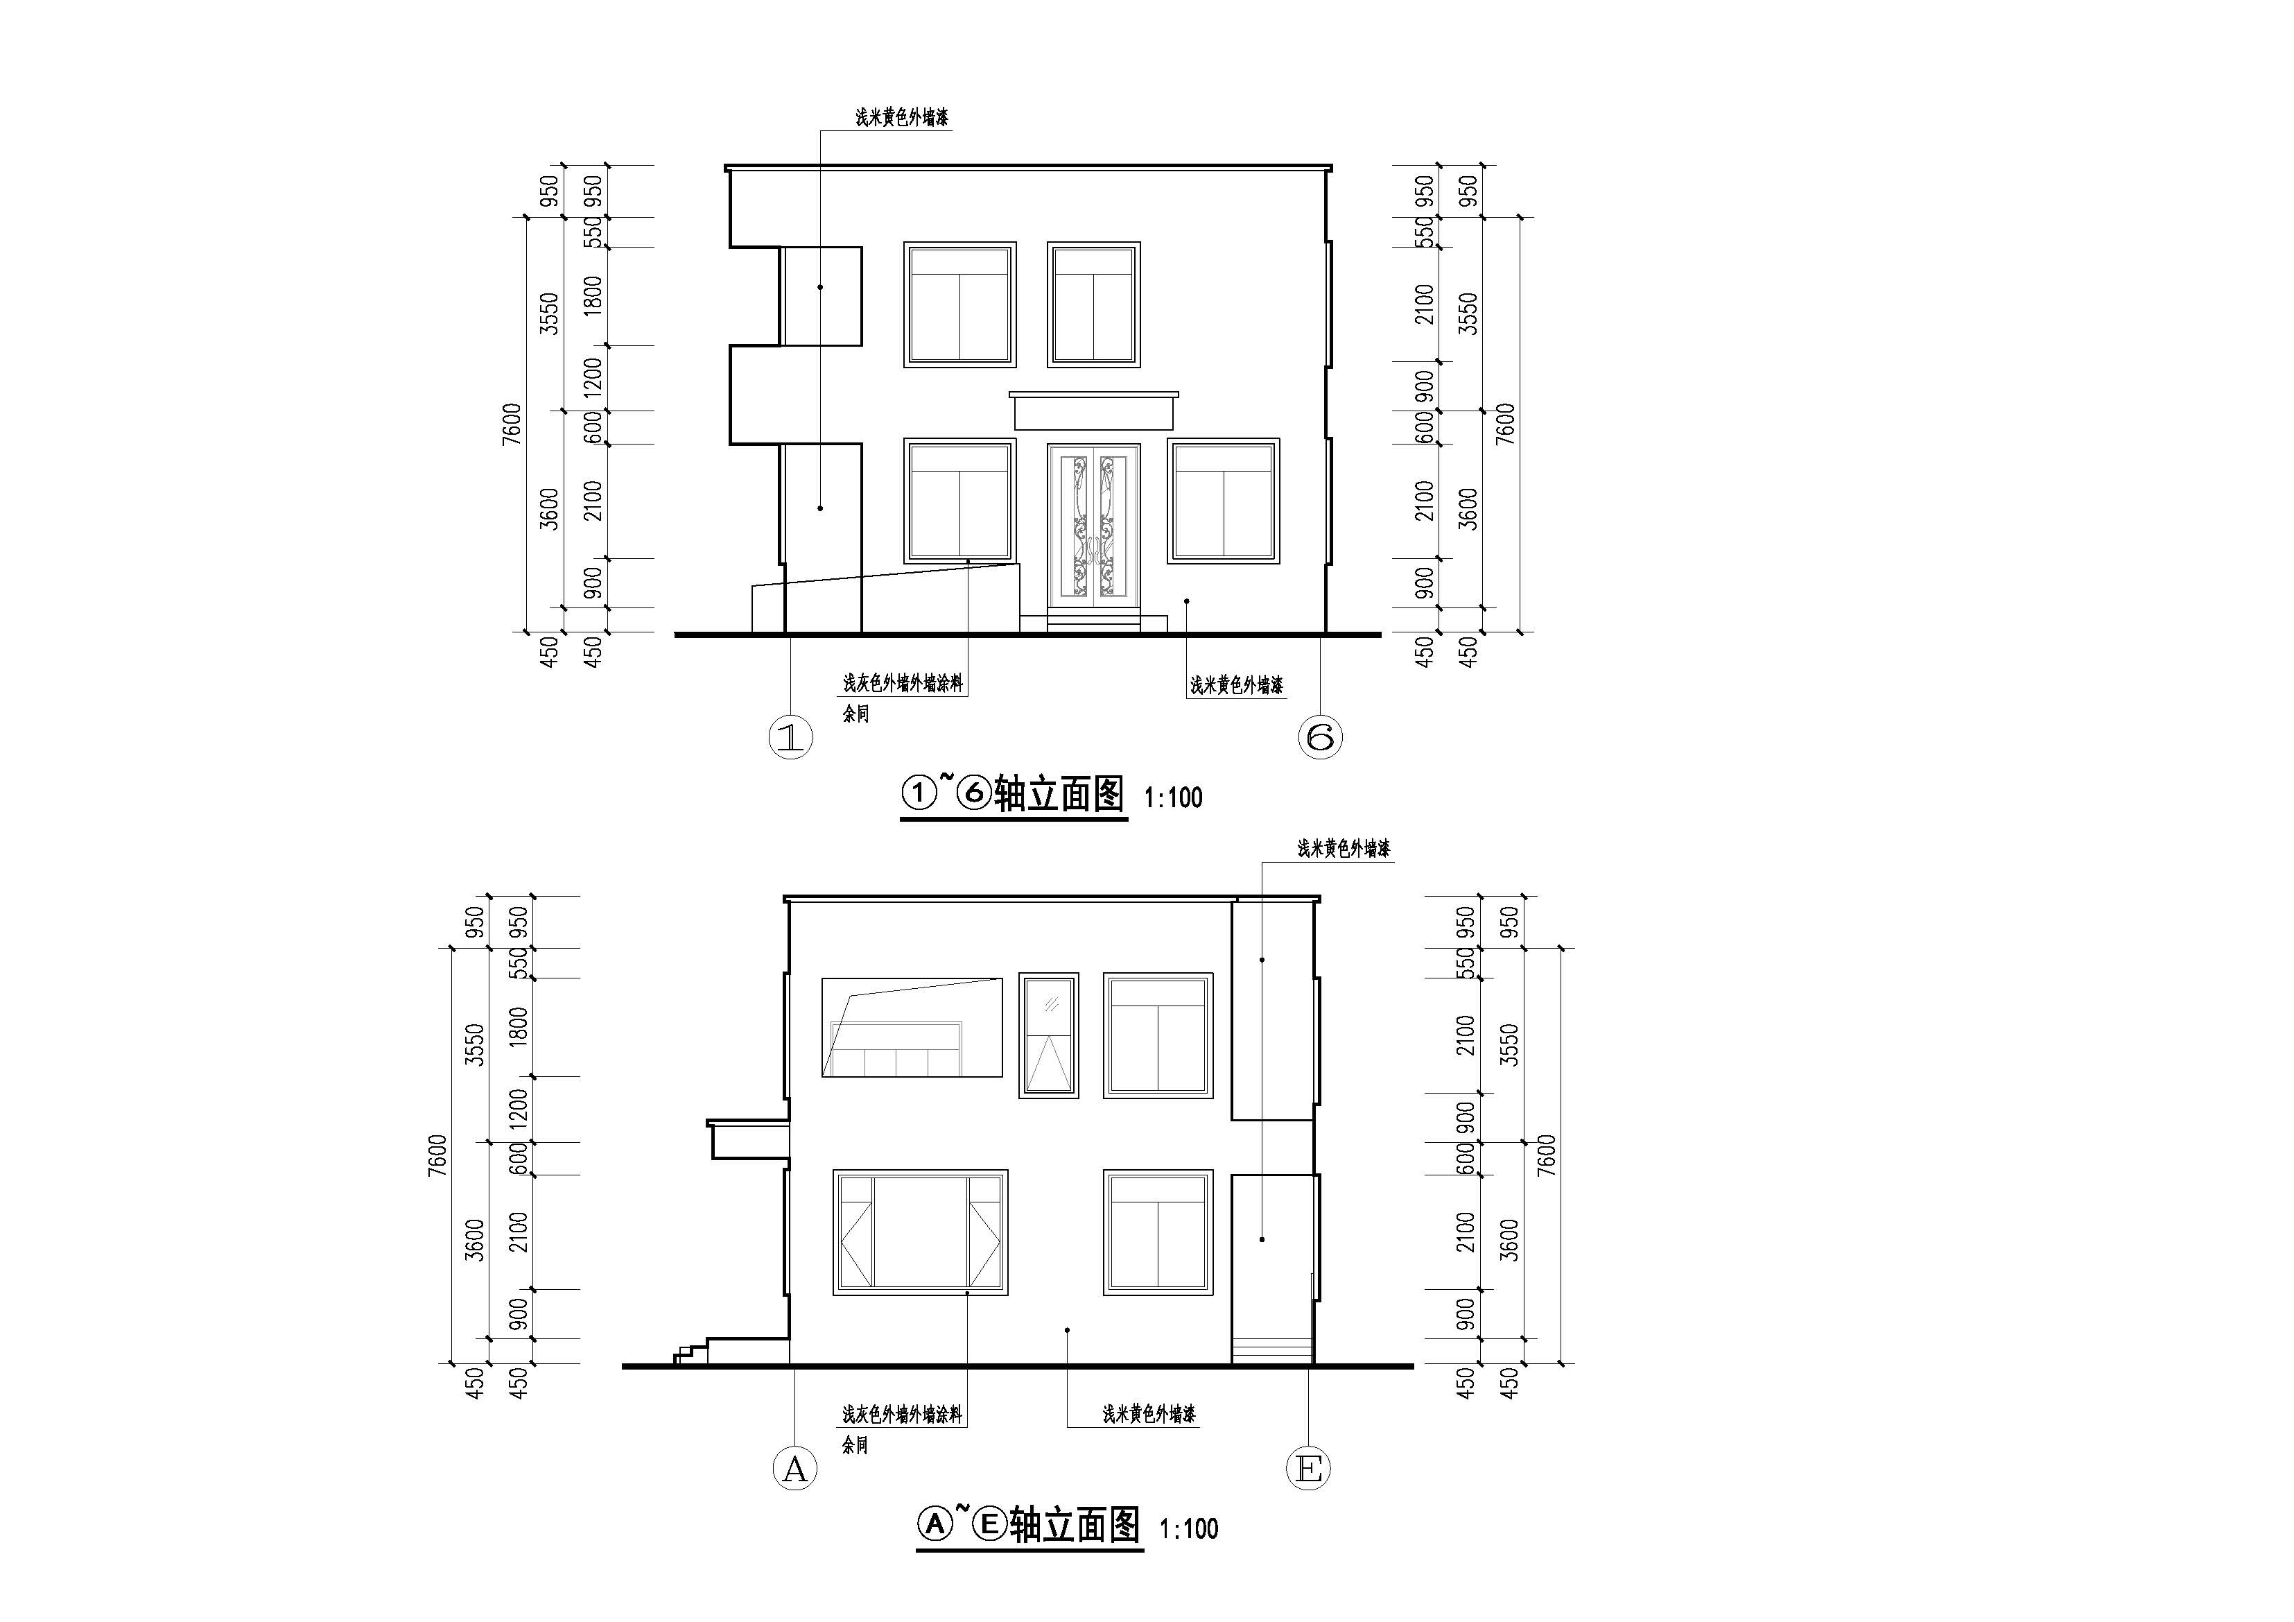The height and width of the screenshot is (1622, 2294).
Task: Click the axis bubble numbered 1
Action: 790,738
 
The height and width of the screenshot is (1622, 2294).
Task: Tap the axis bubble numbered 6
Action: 1320,738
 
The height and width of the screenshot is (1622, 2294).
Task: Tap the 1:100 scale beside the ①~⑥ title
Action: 1173,797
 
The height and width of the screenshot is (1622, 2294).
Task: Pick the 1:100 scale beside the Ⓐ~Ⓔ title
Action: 1189,1529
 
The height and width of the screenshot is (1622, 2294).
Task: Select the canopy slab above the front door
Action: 1093,411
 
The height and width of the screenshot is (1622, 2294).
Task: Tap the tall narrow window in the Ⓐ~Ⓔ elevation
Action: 1048,1035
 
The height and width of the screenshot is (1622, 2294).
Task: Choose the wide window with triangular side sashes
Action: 920,1232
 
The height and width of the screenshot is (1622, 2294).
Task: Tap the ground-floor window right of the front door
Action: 1224,501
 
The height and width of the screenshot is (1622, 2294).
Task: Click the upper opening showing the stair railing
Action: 911,1028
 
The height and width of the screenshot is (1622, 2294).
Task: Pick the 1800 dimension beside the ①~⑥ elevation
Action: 593,296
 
